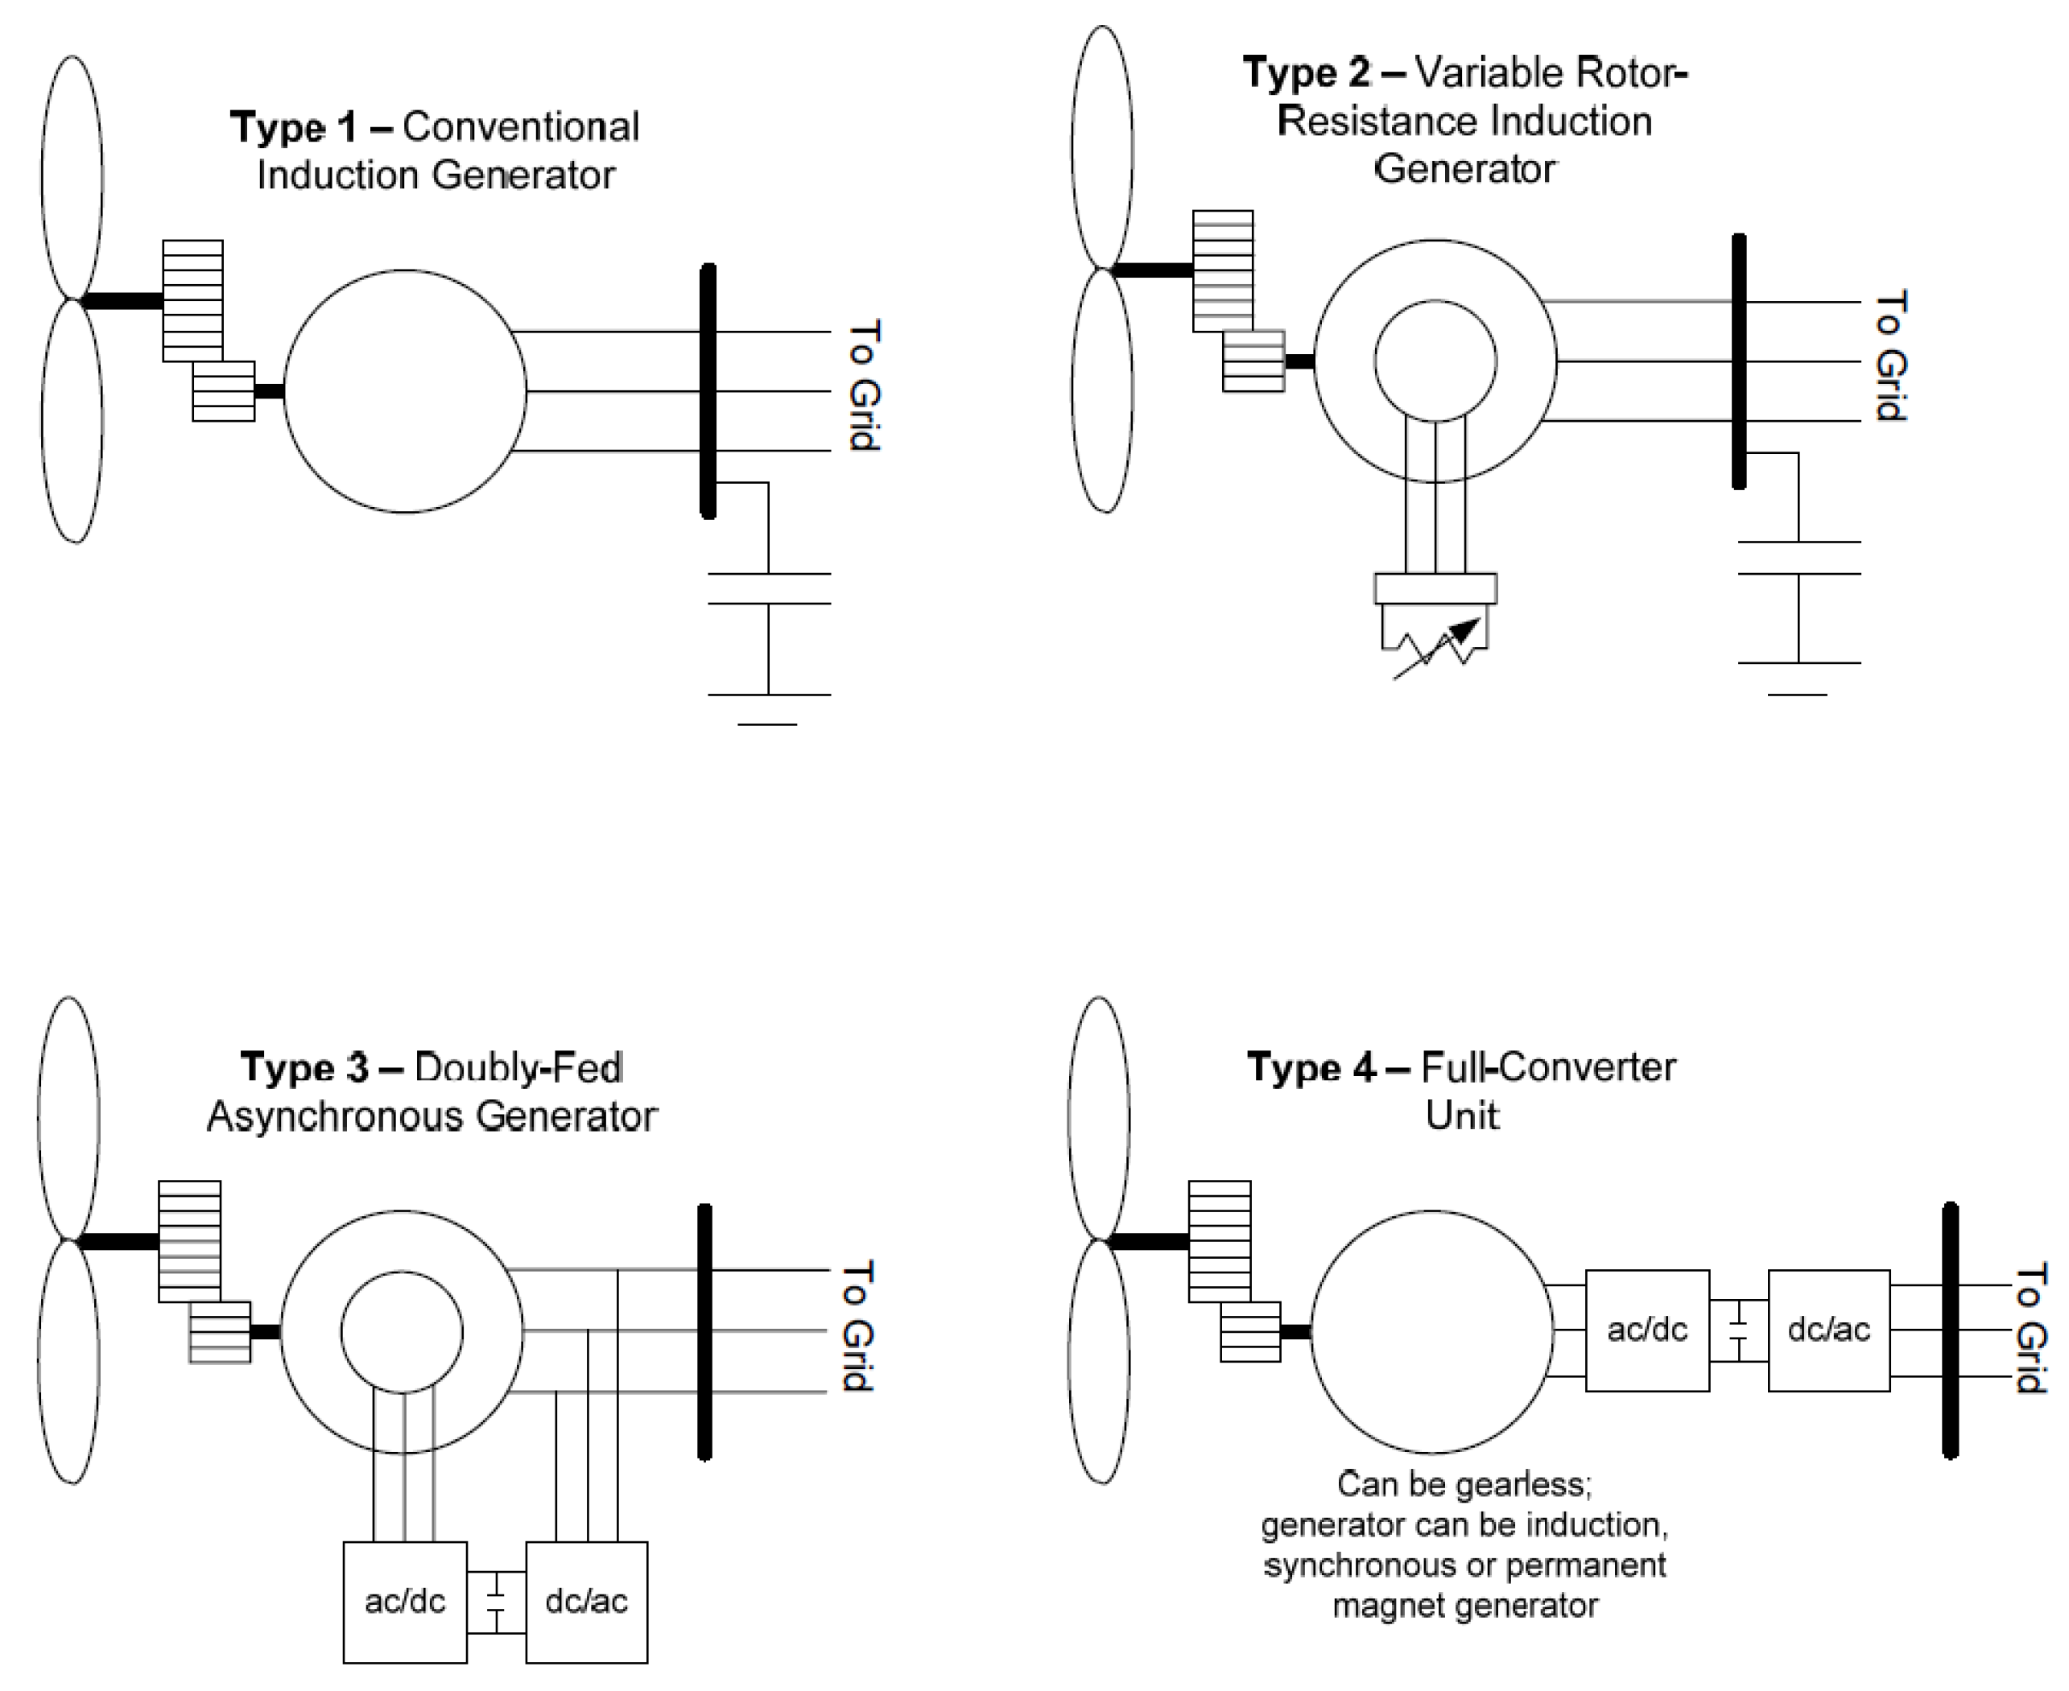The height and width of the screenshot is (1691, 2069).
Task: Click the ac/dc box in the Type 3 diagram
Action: coord(404,1602)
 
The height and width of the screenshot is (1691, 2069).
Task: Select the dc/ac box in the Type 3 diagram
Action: coord(586,1602)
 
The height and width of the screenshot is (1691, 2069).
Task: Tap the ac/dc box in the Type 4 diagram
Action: coord(1646,1330)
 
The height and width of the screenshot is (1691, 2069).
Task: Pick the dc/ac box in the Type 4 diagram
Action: coord(1828,1330)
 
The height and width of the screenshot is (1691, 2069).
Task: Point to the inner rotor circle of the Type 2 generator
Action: coord(1435,361)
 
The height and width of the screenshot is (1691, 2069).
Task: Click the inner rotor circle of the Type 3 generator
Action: coord(402,1331)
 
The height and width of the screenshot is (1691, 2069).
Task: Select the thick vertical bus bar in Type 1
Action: coord(708,390)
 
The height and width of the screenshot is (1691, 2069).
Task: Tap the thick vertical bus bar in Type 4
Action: coord(1950,1330)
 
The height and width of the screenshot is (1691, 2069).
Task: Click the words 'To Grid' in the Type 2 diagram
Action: coord(1889,357)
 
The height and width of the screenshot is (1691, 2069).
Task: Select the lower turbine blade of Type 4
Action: coord(1099,1363)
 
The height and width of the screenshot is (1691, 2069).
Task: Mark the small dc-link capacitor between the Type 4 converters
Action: coord(1739,1330)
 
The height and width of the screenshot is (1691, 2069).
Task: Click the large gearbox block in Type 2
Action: coord(1223,270)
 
